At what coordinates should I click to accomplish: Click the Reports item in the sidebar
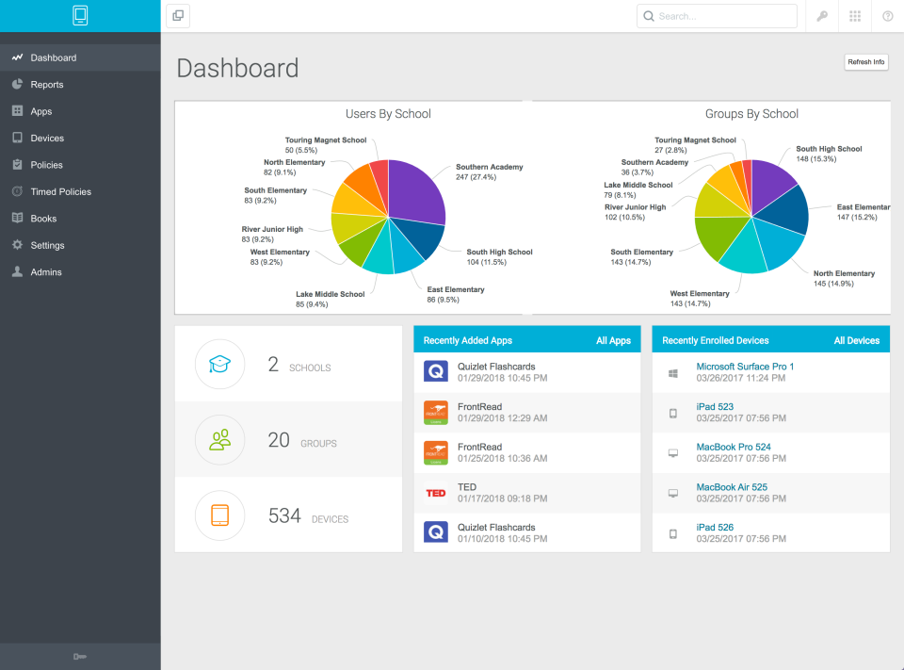46,85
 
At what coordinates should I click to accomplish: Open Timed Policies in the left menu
60,191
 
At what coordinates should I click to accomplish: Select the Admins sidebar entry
45,272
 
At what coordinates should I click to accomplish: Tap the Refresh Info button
865,62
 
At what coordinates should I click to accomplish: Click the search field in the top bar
717,16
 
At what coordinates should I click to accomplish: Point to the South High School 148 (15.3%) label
829,154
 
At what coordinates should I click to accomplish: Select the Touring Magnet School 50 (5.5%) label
325,145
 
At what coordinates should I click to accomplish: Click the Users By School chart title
388,114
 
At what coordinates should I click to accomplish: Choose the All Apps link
613,340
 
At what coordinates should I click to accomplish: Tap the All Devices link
856,340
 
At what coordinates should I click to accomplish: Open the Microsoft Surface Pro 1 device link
745,367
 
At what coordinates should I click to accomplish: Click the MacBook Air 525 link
731,487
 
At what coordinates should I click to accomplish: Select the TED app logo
436,493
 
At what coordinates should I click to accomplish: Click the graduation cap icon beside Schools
219,365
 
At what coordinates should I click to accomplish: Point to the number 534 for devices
284,516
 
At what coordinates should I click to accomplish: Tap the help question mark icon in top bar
887,16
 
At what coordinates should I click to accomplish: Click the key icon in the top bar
822,16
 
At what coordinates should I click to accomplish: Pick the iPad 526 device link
715,528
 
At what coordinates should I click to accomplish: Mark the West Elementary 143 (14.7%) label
699,299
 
